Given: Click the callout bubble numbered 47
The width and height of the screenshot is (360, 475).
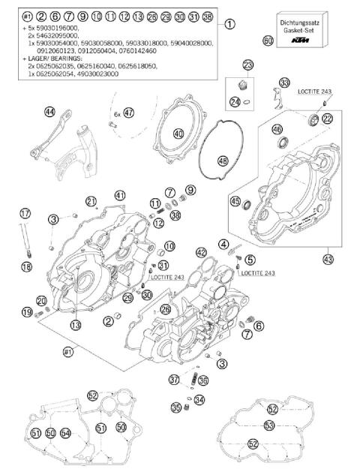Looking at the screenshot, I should (129, 113).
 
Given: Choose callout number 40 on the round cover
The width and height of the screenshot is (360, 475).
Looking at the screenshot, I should (178, 134).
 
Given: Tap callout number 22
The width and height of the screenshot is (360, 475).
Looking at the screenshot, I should (328, 119).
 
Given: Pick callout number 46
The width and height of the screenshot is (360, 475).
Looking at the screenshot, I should (277, 128).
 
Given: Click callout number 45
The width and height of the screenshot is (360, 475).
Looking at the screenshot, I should (235, 201).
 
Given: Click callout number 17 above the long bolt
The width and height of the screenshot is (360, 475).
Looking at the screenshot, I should (25, 212).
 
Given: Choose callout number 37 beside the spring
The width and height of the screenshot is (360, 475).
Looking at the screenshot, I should (174, 379).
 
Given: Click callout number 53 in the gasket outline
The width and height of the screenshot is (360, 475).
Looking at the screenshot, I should (269, 425).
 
